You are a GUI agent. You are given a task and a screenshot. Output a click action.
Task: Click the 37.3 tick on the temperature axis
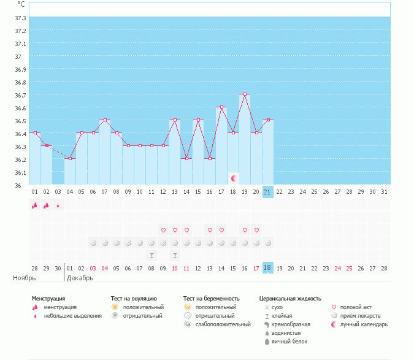20,18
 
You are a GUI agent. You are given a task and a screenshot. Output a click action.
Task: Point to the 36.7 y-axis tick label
20,95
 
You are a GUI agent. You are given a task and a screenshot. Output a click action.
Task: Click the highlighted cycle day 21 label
267,191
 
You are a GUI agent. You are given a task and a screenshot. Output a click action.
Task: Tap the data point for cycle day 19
245,94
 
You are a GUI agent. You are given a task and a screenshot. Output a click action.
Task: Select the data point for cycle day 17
221,107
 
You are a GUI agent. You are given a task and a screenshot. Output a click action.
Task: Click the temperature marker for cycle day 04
70,158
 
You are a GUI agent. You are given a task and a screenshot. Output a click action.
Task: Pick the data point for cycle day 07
105,120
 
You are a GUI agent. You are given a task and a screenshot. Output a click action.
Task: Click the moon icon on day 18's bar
233,178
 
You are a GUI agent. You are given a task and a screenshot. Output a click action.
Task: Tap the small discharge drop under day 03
58,205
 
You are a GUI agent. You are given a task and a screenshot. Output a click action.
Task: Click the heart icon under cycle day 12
163,230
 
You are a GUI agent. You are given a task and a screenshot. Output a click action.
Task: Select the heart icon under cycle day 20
256,230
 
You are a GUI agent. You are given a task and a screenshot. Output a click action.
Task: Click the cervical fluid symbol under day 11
151,255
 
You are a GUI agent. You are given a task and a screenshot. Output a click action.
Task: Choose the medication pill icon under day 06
93,243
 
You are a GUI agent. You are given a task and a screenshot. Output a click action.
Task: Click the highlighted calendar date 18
267,268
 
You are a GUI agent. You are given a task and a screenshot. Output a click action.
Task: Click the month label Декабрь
80,278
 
